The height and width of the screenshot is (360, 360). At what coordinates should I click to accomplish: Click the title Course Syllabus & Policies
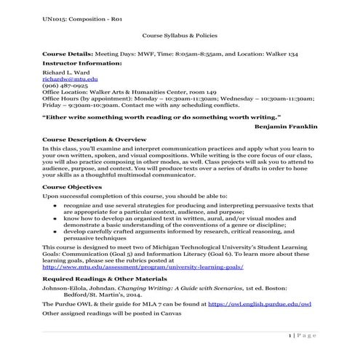click(x=180, y=34)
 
